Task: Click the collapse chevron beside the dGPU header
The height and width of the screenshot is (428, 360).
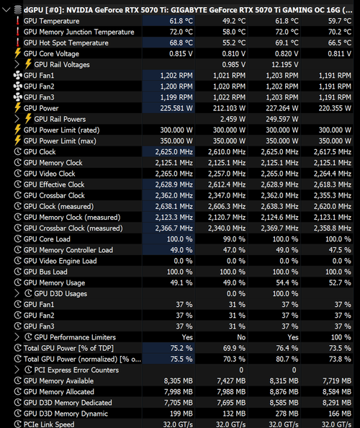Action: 6,10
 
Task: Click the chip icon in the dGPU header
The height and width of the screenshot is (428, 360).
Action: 18,10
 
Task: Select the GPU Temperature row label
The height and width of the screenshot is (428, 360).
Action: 51,21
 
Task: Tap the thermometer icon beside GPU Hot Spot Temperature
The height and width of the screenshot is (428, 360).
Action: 18,43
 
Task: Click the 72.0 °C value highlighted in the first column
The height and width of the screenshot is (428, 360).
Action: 181,32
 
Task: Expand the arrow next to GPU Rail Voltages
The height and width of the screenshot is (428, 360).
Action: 17,64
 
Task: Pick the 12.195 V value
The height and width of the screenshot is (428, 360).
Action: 284,65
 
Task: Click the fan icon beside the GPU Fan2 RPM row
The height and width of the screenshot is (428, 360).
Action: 18,86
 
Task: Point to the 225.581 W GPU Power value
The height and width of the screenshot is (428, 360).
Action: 176,108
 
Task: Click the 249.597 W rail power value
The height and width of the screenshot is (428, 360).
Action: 282,120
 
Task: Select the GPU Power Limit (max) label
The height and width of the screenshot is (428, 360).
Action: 60,141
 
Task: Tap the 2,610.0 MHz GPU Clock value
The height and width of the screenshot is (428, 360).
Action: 227,152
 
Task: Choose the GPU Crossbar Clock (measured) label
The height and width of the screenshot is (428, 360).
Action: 73,228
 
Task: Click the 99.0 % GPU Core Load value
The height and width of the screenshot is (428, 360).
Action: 234,239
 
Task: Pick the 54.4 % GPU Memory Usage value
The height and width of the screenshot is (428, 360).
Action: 287,282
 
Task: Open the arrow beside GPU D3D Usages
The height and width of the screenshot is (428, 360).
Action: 17,293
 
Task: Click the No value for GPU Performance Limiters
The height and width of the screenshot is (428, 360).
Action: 241,337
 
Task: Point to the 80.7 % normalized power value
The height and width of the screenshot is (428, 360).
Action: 287,359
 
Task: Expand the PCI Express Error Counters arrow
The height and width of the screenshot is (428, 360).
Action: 17,370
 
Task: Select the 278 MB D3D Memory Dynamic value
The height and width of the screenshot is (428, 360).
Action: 287,414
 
